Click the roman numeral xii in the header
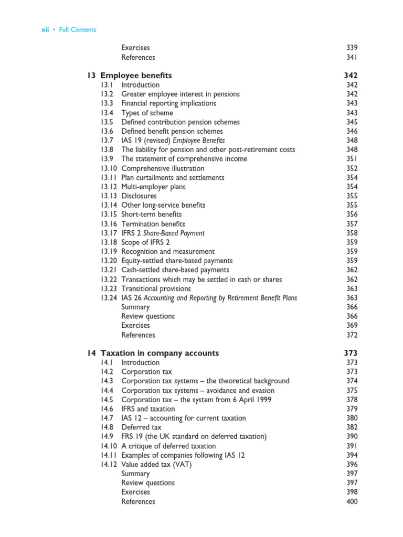(x=45, y=30)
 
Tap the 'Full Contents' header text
(x=78, y=30)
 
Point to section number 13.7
(x=107, y=141)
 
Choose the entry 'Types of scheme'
(x=147, y=113)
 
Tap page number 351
(x=352, y=159)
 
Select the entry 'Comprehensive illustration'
(x=163, y=168)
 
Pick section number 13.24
(x=109, y=298)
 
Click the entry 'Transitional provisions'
(x=156, y=288)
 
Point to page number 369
(x=352, y=326)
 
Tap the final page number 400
(x=352, y=502)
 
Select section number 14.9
(x=107, y=437)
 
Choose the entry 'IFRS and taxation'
(x=148, y=409)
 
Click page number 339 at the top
(x=352, y=48)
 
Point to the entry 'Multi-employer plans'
(x=153, y=187)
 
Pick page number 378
(x=352, y=400)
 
